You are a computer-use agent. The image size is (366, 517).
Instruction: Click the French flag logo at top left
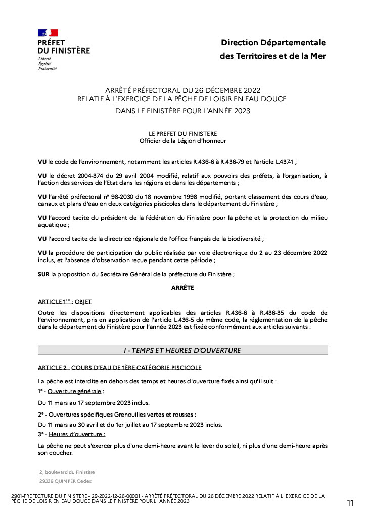point(48,33)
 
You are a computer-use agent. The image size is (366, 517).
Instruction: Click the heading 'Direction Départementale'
point(273,43)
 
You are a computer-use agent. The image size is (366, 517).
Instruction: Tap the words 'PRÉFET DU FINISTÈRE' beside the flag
point(63,47)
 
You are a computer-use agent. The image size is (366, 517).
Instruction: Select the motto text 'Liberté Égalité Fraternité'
point(47,64)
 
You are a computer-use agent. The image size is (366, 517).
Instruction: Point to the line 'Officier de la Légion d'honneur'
point(182,141)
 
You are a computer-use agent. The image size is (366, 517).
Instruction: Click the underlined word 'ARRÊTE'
point(183,288)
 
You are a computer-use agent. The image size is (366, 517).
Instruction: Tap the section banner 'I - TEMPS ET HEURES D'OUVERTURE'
point(183,350)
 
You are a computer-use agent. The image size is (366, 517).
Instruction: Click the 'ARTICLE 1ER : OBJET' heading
point(65,301)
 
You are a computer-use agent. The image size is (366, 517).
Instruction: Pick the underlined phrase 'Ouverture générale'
point(75,391)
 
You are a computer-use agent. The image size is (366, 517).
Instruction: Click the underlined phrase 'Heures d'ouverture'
point(76,434)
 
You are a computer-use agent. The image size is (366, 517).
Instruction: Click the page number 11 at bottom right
point(350,503)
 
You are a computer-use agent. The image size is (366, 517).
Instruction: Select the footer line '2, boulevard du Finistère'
point(67,472)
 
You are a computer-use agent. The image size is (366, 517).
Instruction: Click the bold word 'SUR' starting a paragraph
point(44,274)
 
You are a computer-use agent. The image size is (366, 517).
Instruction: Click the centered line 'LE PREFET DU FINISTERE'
point(182,133)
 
